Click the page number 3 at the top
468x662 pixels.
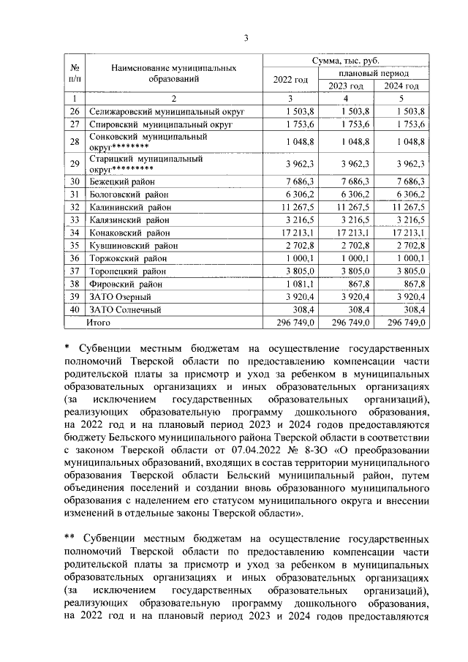246,38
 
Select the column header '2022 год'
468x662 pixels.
290,79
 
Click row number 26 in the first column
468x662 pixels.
74,111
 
